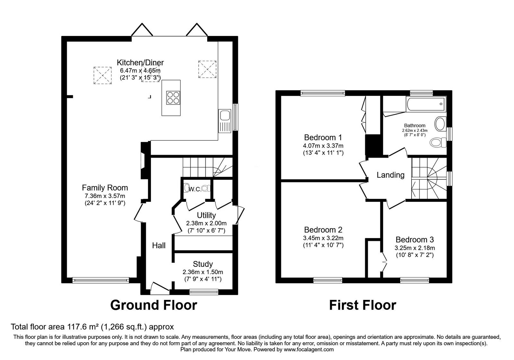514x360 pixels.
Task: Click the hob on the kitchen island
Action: [173, 97]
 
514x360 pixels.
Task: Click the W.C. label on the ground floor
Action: [195, 189]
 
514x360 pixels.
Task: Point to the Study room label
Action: [203, 264]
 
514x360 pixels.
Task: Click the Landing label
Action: [390, 175]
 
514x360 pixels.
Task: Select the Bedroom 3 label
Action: [414, 239]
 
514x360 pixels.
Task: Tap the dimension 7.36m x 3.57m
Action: [104, 195]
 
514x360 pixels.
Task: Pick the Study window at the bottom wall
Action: [204, 292]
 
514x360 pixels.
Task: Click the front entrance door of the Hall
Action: [160, 288]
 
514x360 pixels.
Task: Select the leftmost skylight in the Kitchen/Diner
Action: [103, 75]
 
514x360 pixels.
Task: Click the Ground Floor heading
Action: [154, 305]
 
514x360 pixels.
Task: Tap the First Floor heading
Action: [362, 305]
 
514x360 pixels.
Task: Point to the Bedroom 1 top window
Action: [323, 93]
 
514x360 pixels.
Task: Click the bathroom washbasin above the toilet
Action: [440, 124]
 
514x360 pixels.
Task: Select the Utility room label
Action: [206, 215]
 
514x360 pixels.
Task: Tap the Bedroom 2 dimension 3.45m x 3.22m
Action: [323, 238]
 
